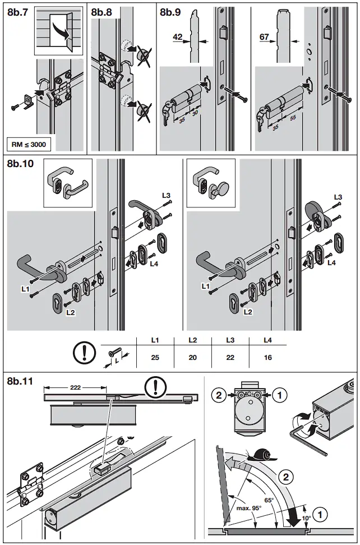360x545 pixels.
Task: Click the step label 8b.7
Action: (x=18, y=11)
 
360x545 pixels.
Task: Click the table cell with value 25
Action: (x=155, y=357)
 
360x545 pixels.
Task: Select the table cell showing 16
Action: (x=267, y=357)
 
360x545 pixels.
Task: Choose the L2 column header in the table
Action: (x=192, y=340)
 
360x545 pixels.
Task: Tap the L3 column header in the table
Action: (x=230, y=340)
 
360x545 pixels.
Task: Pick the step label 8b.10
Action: (x=21, y=164)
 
